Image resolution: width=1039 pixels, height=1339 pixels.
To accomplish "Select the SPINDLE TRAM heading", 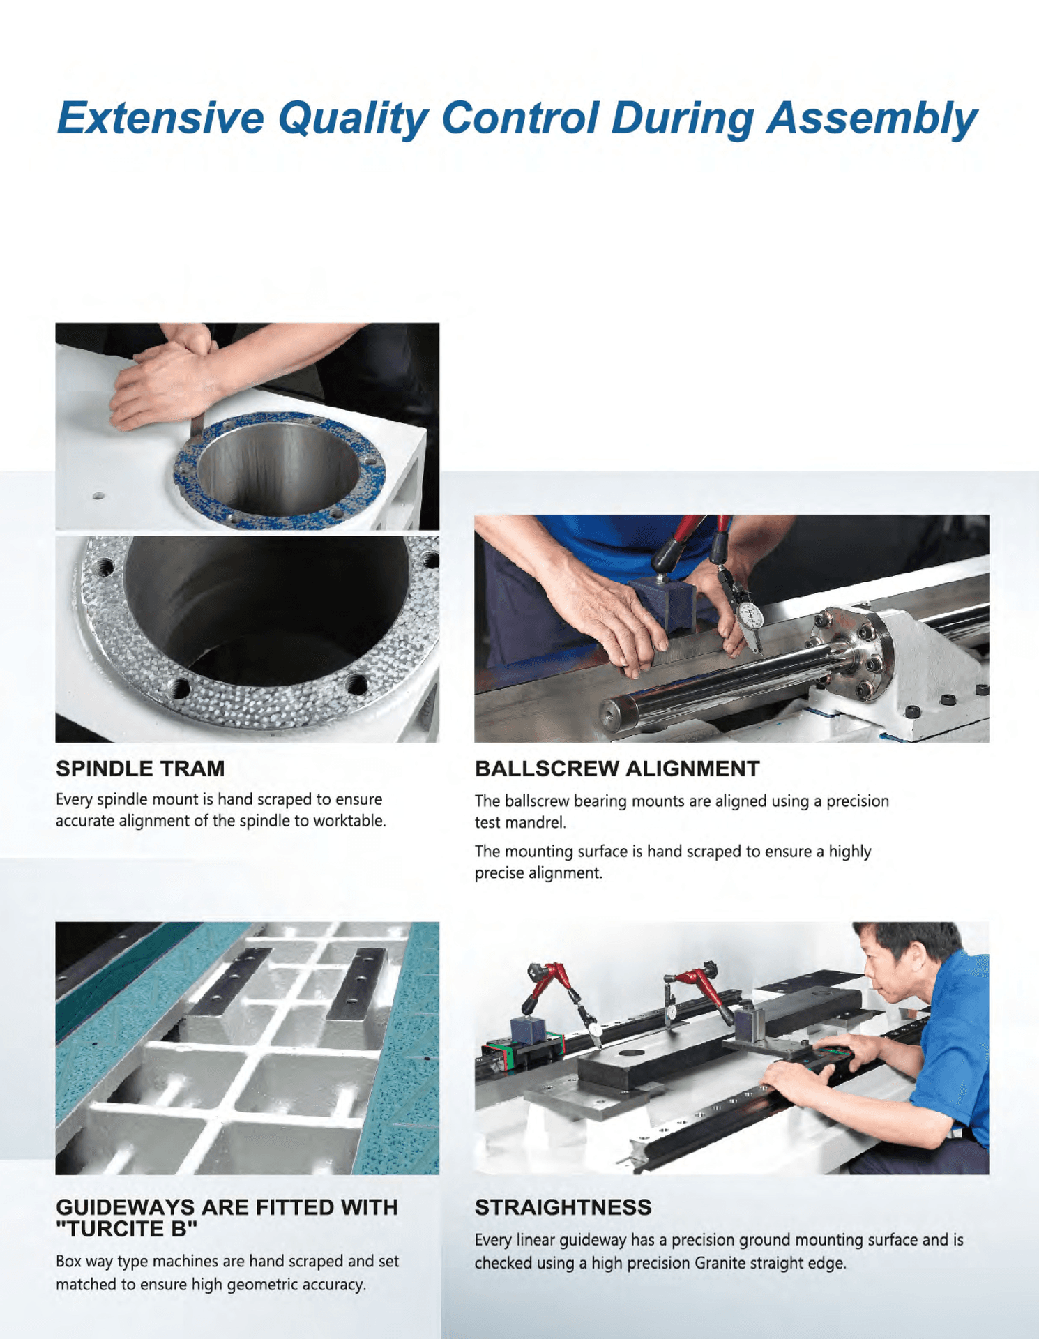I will pos(140,769).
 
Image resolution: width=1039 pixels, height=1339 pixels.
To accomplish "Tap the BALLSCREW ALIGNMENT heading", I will pos(616,769).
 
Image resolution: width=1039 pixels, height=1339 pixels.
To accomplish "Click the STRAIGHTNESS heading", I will pos(563,1207).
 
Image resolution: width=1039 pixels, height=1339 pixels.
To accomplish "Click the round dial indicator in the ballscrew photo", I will pos(750,614).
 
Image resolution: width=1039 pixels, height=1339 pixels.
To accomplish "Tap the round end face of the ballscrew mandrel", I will pos(612,713).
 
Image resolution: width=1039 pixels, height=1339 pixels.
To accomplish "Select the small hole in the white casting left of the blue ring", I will pos(98,496).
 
